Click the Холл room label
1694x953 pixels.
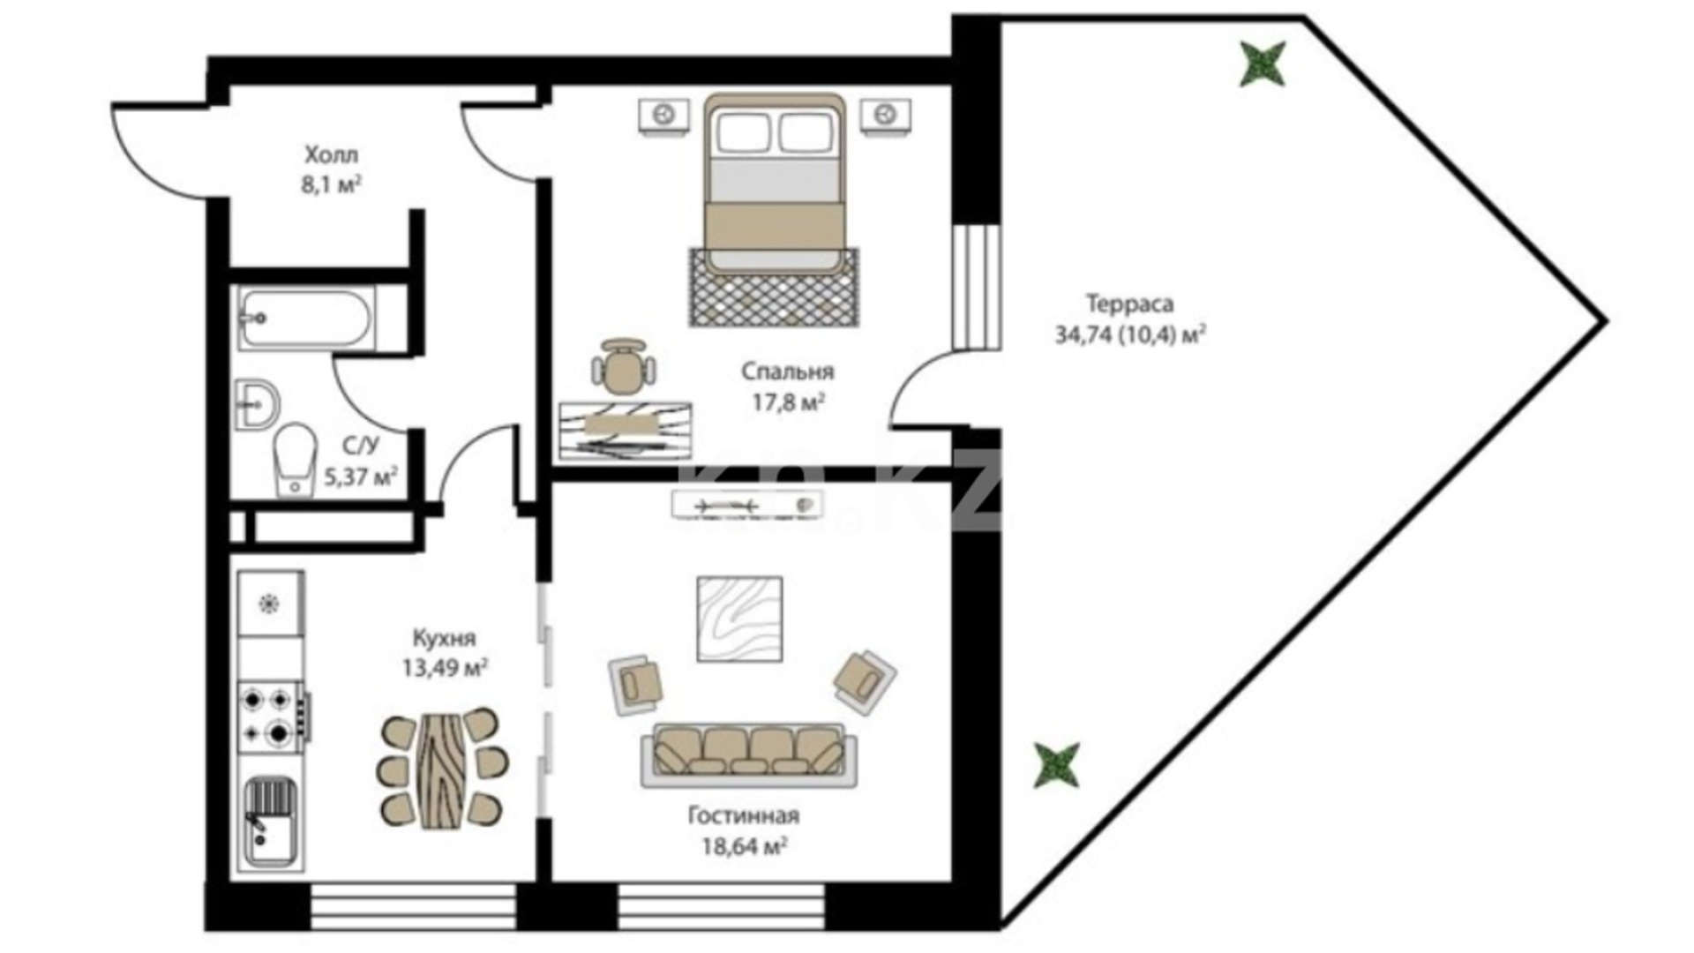(x=332, y=155)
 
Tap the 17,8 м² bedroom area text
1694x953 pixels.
(x=788, y=403)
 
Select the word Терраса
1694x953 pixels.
(x=1130, y=304)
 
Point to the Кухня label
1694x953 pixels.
(x=444, y=637)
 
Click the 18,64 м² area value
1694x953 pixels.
(x=744, y=847)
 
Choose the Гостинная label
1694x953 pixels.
(x=744, y=815)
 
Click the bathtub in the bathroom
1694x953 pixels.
(x=305, y=318)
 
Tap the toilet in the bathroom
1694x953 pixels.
(x=295, y=460)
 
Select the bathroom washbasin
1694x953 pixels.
(x=258, y=407)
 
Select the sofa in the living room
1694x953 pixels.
(x=749, y=755)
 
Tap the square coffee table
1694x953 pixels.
(x=739, y=619)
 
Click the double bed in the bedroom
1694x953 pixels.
(x=775, y=183)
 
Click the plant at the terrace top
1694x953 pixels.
(x=1263, y=64)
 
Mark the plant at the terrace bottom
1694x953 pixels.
(x=1057, y=764)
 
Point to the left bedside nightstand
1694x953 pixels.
(x=663, y=116)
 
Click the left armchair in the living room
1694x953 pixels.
(x=636, y=683)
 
